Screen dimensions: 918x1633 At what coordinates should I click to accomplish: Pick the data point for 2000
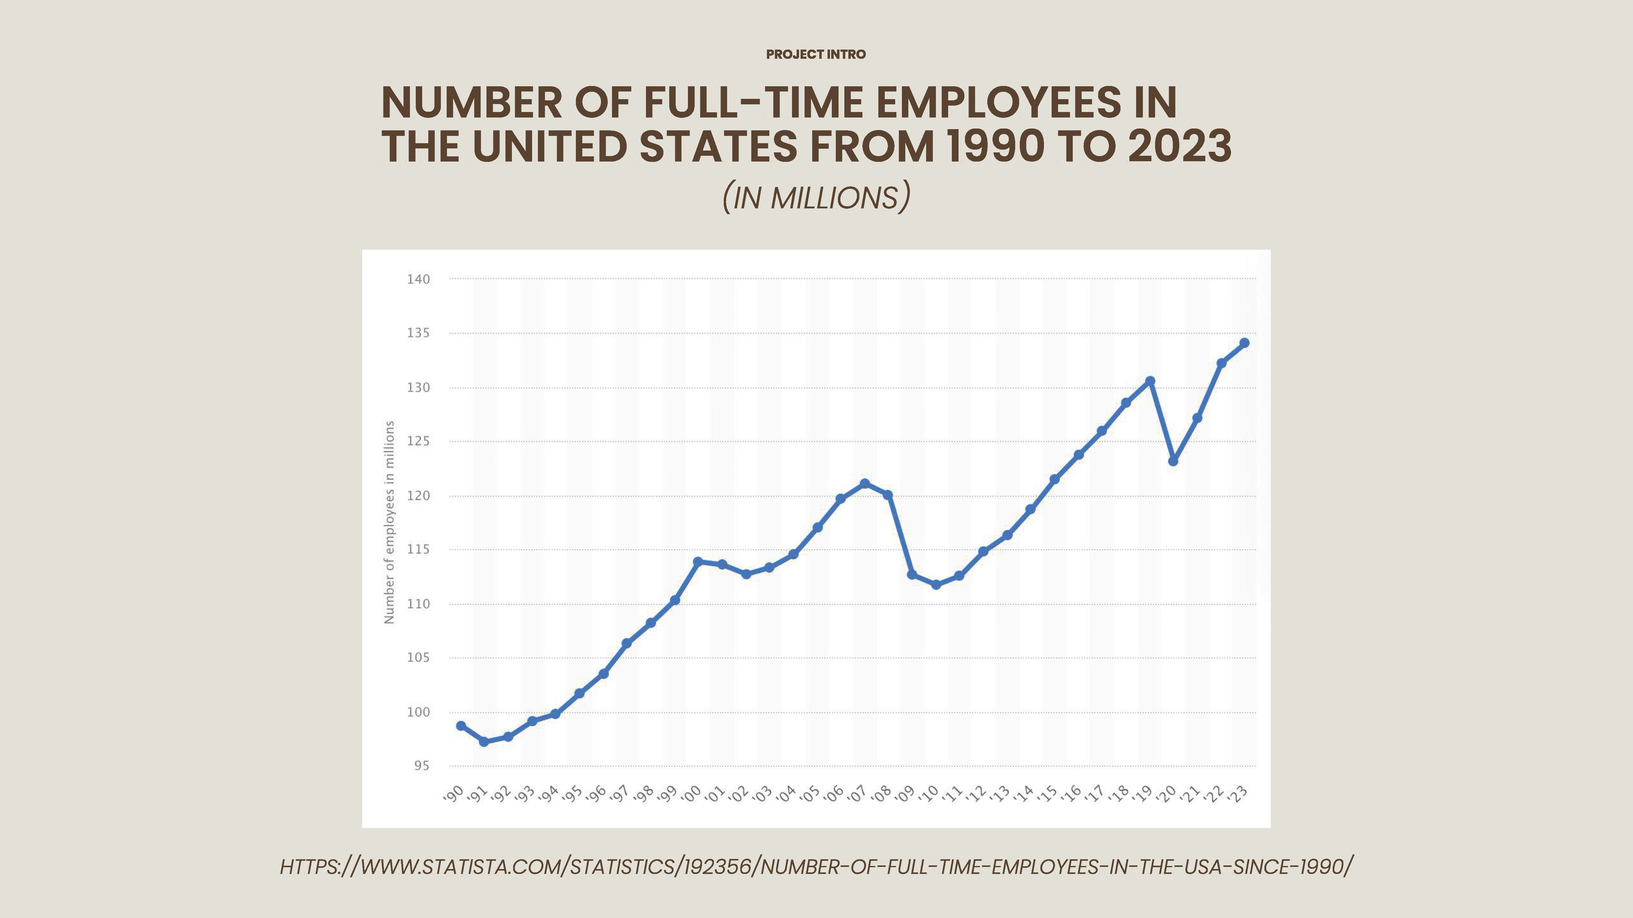click(x=698, y=561)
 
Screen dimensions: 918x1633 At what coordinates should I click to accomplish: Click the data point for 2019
click(x=1150, y=381)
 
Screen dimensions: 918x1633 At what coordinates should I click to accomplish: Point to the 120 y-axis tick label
click(x=419, y=496)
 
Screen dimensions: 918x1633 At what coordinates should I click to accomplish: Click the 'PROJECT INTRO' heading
click(x=816, y=54)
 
